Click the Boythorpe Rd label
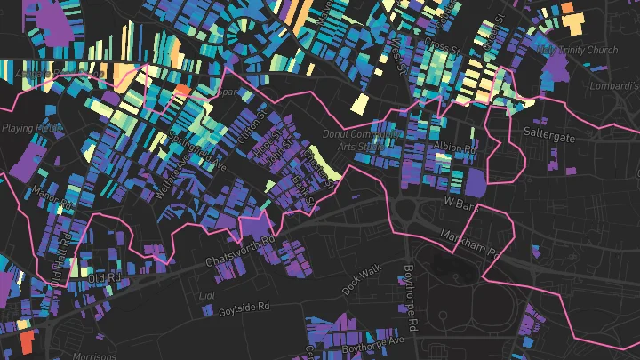point(409,288)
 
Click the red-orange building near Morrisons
point(26,340)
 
